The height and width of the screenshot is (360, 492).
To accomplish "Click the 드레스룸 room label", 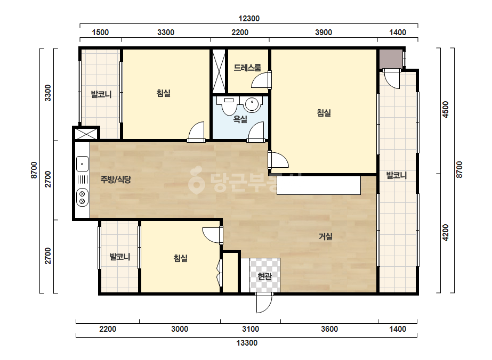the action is (247, 68).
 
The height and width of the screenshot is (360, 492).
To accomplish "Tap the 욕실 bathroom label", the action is (240, 119).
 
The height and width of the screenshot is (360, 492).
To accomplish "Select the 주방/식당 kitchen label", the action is (116, 179).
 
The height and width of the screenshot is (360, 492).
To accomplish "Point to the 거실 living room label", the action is (325, 236).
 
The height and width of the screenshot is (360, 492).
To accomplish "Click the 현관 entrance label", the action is (264, 276).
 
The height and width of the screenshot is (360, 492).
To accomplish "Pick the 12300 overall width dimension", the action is (249, 19).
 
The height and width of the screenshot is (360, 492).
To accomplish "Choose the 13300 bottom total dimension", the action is (247, 343).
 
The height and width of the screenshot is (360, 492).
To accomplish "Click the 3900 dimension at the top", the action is (324, 32).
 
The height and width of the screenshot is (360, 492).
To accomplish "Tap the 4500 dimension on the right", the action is (445, 110).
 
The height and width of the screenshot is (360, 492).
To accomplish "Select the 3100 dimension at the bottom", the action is (251, 329).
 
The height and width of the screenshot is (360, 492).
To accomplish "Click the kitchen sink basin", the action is (82, 163).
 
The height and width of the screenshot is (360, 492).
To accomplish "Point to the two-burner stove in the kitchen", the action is (82, 198).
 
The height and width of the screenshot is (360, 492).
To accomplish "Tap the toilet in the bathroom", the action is (229, 105).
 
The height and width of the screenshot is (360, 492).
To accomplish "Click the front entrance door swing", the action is (264, 303).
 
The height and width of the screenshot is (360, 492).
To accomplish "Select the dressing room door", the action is (261, 80).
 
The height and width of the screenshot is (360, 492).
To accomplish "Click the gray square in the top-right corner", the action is (391, 59).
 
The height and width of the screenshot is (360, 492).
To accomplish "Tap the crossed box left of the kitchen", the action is (86, 134).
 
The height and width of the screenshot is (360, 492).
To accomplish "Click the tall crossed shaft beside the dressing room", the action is (219, 70).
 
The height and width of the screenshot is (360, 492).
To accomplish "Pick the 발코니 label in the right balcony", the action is (396, 175).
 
